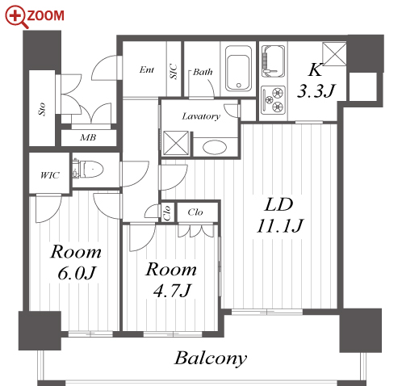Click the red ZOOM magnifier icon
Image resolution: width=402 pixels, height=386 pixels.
(17, 17)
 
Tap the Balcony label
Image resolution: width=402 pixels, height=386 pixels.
(211, 359)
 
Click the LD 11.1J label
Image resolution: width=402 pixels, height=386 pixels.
(279, 216)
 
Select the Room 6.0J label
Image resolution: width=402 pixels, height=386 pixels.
(76, 262)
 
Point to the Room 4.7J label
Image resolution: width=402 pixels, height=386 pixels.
(171, 279)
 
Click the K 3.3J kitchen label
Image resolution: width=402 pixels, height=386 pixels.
(316, 80)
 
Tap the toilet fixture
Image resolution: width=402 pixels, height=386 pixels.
(88, 170)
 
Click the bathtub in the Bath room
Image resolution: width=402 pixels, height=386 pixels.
(239, 69)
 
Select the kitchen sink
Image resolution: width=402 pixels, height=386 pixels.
(273, 61)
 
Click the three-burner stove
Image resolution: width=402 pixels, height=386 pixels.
(273, 100)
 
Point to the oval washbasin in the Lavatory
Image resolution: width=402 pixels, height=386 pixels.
(215, 147)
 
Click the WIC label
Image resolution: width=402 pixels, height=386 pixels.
(50, 175)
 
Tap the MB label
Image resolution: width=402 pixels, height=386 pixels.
(88, 138)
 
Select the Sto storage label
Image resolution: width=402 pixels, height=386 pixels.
(42, 109)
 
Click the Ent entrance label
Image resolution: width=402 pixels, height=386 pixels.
(147, 70)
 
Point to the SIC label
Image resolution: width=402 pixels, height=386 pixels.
(174, 72)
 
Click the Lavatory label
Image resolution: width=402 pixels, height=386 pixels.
(201, 116)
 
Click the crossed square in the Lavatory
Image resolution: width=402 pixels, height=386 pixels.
(176, 143)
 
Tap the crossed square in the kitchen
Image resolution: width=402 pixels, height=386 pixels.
(334, 54)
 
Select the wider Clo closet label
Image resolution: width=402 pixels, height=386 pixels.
(195, 212)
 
